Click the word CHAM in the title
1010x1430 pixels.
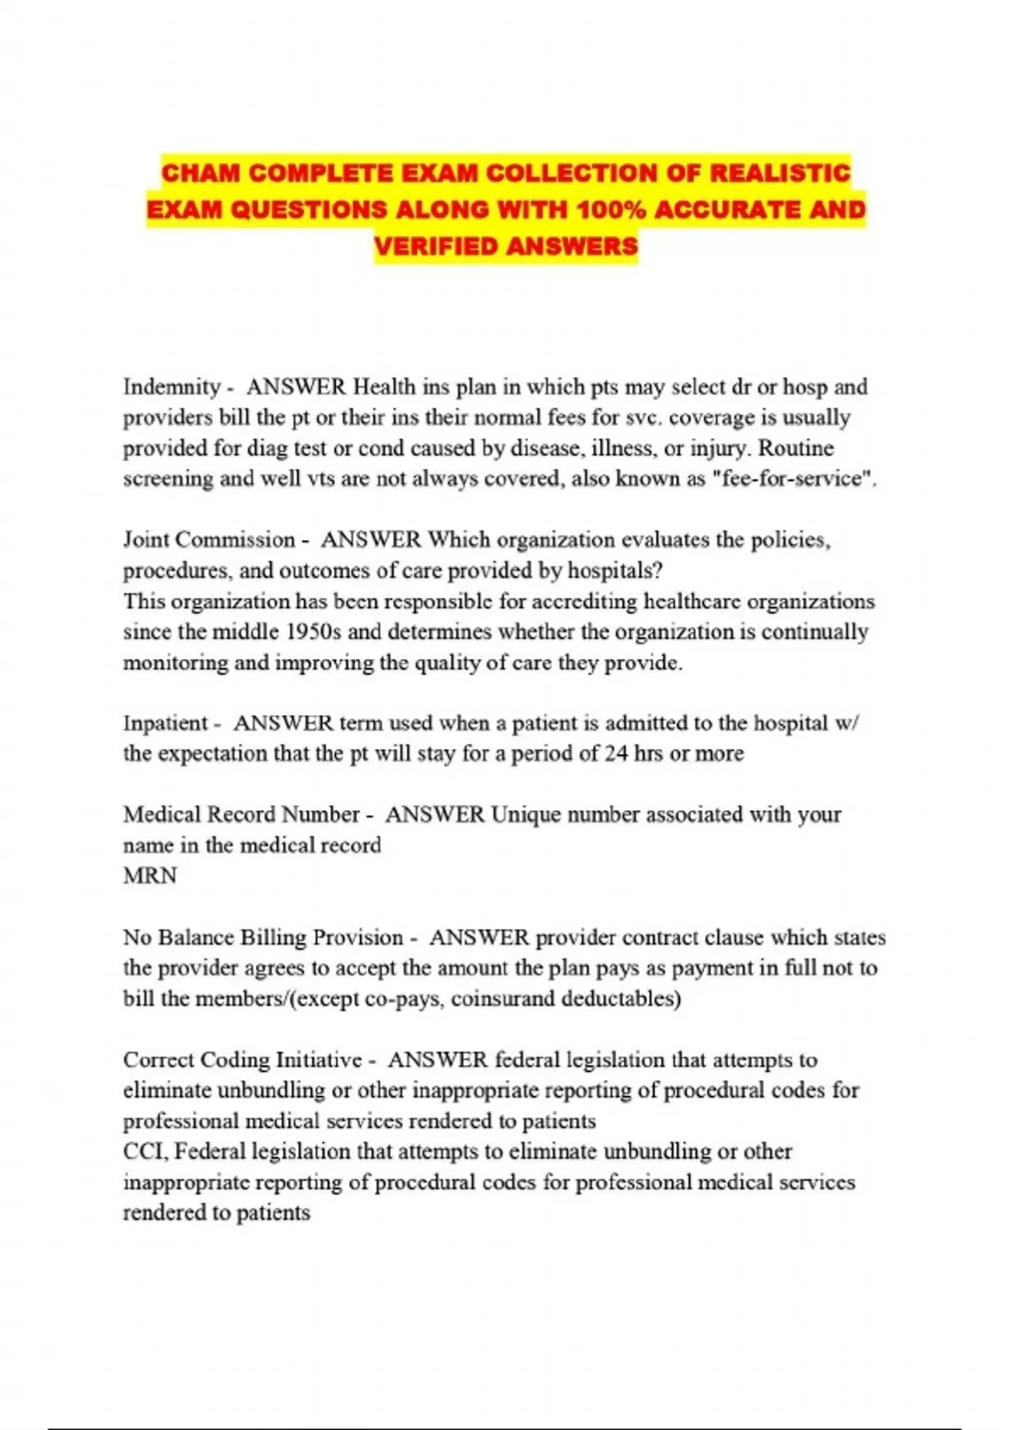pos(201,173)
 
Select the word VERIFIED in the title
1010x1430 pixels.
pos(436,246)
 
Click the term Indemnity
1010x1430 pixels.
pos(172,387)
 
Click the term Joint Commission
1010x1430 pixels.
pos(210,540)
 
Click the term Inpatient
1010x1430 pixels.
pos(165,723)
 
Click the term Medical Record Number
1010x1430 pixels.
pos(242,815)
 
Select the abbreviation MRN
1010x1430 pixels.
pos(151,877)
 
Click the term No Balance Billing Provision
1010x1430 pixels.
pos(263,938)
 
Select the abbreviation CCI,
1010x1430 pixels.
pos(146,1152)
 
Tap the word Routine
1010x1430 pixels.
pos(796,448)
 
